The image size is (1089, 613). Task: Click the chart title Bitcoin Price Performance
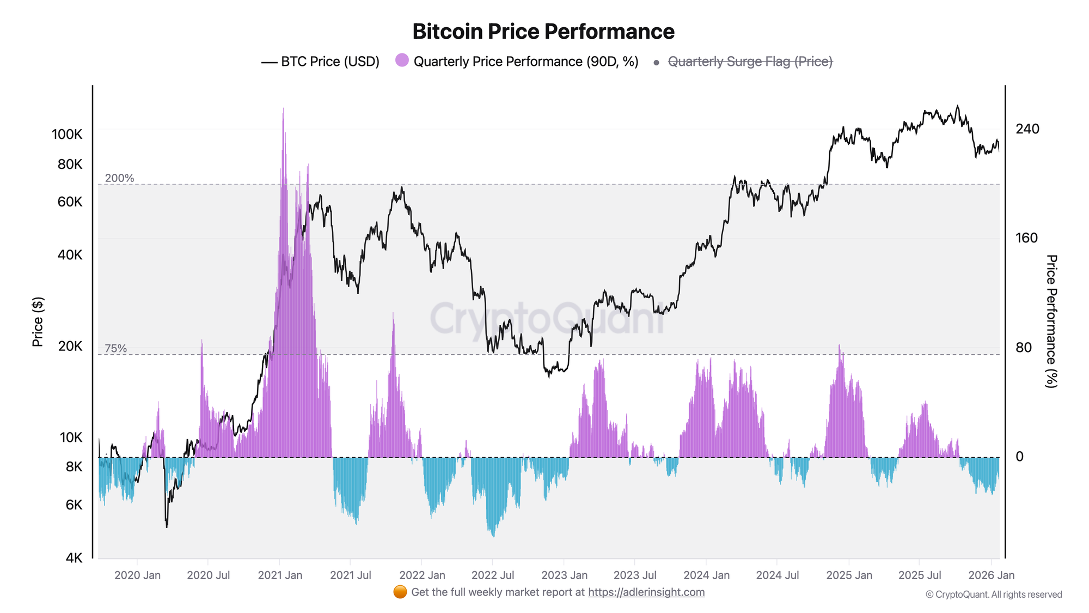coord(543,32)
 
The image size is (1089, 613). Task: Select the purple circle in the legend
coord(402,60)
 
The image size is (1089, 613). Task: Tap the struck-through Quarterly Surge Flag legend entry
coord(749,62)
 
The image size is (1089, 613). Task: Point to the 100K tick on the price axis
coord(67,134)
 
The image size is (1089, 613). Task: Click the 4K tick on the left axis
coord(74,558)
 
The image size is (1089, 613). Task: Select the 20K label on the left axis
coord(70,346)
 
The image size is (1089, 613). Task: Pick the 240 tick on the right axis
coord(1027,129)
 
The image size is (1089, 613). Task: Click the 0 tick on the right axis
coord(1020,457)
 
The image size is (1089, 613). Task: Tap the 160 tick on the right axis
coord(1026,238)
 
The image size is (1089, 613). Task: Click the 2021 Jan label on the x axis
coord(280,575)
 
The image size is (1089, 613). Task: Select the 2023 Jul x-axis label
coord(635,575)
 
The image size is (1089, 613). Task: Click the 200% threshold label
coord(119,178)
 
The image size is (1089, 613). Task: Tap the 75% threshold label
coord(115,348)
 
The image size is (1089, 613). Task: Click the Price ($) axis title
coord(38,322)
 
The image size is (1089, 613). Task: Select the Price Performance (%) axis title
coord(1051,321)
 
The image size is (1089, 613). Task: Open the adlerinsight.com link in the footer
coord(646,592)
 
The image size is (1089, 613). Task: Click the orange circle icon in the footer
coord(400,592)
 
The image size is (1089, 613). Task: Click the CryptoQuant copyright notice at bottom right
coord(993,594)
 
